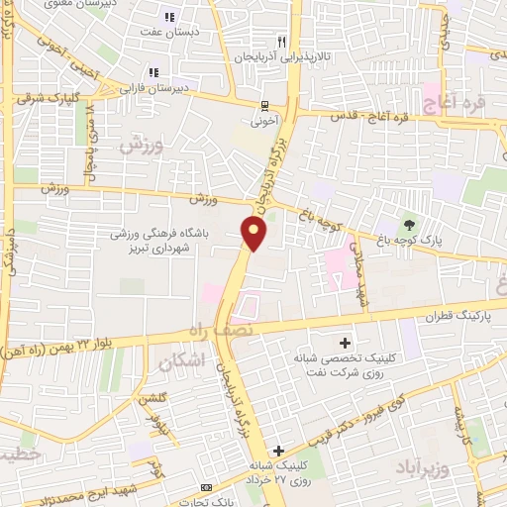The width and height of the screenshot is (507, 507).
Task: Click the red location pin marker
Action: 255,234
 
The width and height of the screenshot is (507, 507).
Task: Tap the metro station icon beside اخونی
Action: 264,106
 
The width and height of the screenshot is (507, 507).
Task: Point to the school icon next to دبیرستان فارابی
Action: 152,72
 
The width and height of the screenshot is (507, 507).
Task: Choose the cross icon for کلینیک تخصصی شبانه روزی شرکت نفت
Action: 344,341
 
